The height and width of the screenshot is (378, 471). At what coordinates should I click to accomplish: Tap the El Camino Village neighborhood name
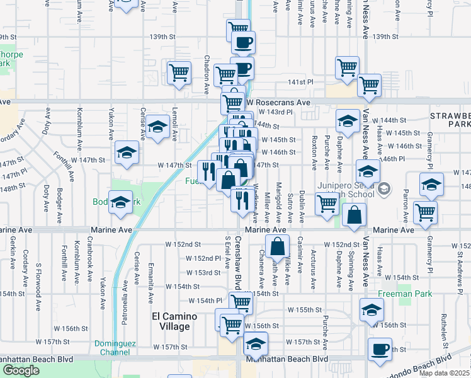pyautogui.click(x=171, y=321)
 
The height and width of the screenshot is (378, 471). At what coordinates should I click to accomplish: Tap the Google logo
pyautogui.click(x=21, y=370)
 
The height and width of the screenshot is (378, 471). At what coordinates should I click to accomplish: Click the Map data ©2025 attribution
pyautogui.click(x=444, y=373)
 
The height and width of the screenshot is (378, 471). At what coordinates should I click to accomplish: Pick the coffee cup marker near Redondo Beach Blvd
pyautogui.click(x=380, y=350)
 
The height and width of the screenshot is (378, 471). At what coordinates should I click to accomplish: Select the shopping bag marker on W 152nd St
pyautogui.click(x=277, y=246)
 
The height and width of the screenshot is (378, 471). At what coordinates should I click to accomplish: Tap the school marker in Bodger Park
pyautogui.click(x=120, y=202)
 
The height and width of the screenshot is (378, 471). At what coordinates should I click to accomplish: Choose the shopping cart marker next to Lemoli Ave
pyautogui.click(x=179, y=72)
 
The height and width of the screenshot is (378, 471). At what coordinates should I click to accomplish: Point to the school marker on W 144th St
pyautogui.click(x=346, y=120)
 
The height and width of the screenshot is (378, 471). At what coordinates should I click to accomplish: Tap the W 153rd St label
pyautogui.click(x=203, y=272)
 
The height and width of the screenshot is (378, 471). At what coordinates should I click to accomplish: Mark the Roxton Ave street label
pyautogui.click(x=314, y=155)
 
